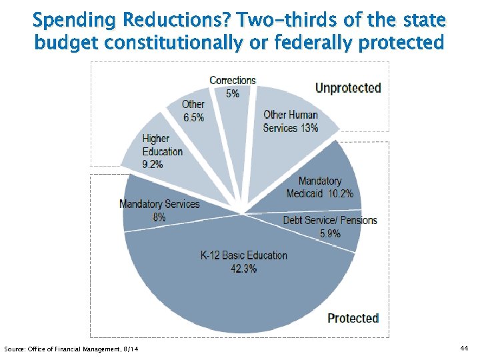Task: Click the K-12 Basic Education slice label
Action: coord(244,255)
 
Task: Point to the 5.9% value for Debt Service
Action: coord(330,233)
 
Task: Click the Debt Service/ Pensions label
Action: coord(330,221)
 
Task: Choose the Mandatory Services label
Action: coord(159,204)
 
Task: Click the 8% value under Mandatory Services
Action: coord(159,217)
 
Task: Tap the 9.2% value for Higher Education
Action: coord(153,164)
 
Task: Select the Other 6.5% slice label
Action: coord(193,111)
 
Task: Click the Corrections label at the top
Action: coord(233,81)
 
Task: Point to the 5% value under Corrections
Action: coord(233,94)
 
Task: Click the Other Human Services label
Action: coord(291,121)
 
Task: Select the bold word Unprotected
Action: coord(348,88)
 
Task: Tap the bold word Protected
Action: coord(353,318)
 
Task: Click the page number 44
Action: coord(465,349)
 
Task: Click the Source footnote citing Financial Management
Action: coord(71,349)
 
